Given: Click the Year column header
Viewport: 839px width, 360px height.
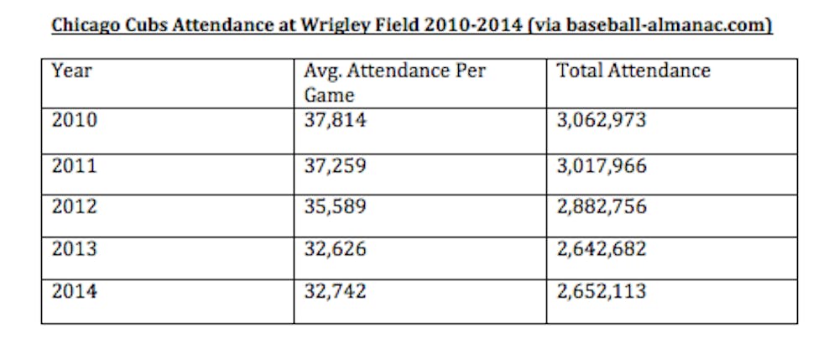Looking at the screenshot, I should point(71,71).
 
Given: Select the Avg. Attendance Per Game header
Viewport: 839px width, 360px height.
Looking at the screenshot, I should point(394,82).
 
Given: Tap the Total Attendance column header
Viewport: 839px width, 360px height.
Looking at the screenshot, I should point(633,71).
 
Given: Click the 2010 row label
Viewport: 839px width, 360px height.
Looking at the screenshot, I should point(74,121).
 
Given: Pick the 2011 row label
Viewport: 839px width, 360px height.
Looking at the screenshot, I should point(74,166).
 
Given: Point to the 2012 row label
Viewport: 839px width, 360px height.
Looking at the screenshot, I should point(74,206).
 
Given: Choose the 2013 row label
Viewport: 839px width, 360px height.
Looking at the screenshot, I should point(74,249).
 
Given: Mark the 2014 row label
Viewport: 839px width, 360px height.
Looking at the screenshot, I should point(74,292).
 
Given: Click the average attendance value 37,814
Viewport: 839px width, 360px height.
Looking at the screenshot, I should point(336,121).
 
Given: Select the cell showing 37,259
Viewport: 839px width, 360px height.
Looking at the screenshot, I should point(336,166).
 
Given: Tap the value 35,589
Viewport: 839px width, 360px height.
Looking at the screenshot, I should point(336,206).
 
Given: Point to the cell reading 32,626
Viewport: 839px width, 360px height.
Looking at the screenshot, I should point(336,249).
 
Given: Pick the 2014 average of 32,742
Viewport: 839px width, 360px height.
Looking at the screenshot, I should point(336,292).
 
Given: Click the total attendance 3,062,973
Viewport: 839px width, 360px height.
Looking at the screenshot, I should point(602,121).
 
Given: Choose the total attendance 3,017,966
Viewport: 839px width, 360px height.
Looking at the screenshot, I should point(602,166).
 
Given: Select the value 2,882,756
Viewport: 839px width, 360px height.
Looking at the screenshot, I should point(602,206).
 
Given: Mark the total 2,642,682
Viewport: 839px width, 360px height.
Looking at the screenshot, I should point(602,249).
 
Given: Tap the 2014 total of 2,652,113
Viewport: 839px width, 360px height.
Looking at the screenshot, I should point(602,292).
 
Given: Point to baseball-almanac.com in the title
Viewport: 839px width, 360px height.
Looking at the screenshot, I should point(663,26).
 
